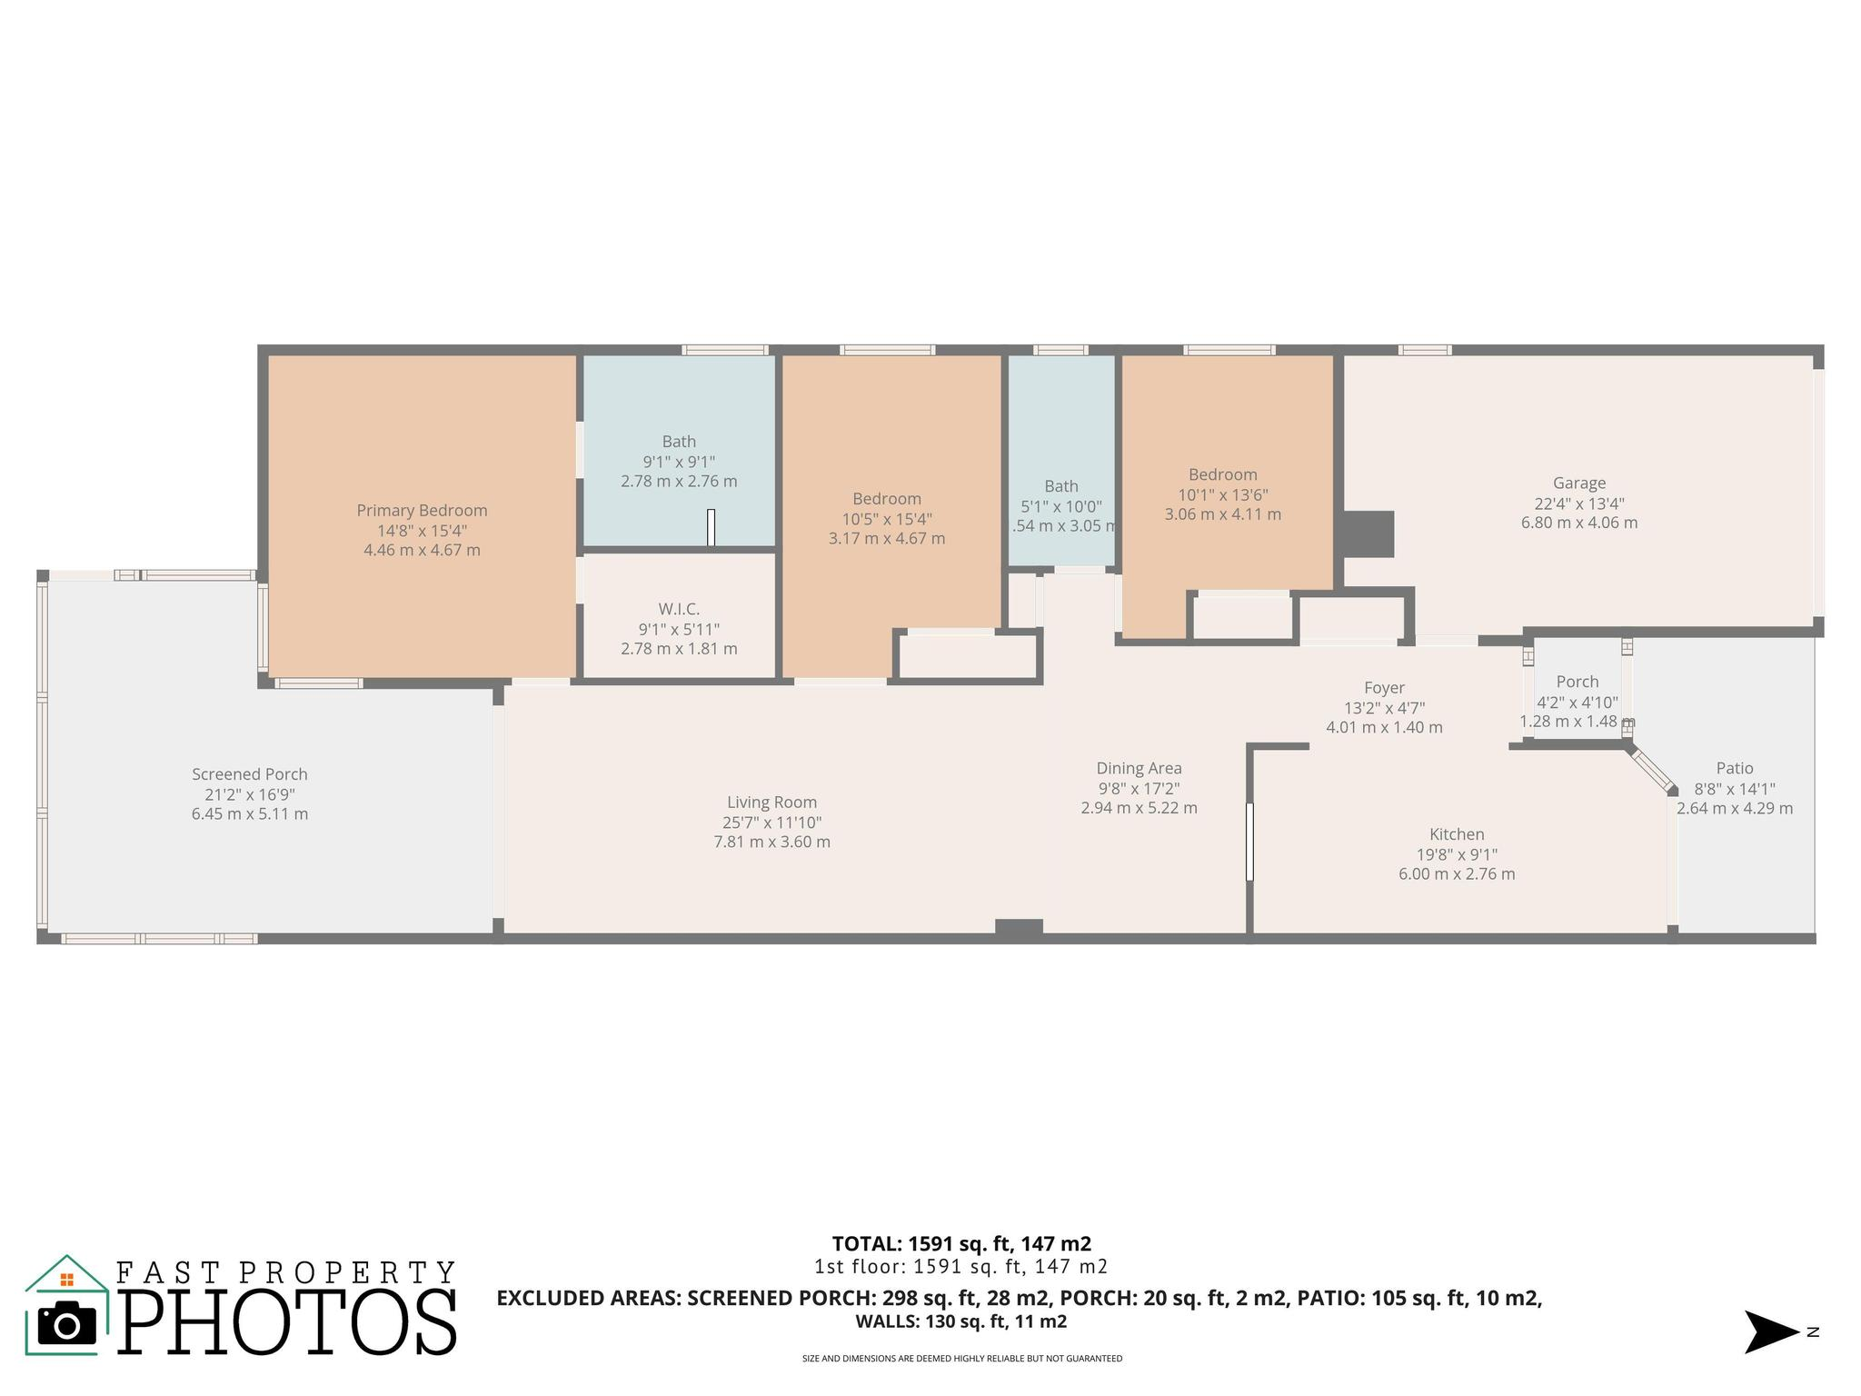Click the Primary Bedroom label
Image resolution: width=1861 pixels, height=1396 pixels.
(422, 511)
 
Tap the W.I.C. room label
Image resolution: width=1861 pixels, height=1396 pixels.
(679, 609)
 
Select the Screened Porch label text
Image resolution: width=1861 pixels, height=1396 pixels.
(250, 774)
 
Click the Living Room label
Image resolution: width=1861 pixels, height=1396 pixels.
(771, 803)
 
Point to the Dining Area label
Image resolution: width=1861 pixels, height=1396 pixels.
(1139, 769)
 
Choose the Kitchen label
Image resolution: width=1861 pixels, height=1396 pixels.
(1457, 834)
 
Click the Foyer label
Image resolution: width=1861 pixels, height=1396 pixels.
(1384, 688)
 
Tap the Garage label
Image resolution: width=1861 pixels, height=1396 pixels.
(1579, 484)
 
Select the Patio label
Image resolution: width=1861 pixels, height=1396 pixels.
(1735, 768)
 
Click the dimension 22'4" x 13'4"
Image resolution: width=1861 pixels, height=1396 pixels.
(1579, 504)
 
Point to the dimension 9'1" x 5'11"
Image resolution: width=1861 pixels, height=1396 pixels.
(679, 629)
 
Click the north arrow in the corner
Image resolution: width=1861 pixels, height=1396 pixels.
(1771, 1331)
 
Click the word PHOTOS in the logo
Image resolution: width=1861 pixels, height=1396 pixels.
(287, 1322)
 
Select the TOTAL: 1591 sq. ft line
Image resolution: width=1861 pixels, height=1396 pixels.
(961, 1243)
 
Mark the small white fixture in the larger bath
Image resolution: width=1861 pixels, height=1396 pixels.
(711, 527)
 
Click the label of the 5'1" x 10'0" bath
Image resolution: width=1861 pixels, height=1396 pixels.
(1060, 486)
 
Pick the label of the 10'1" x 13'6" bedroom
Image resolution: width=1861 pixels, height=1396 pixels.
(1223, 474)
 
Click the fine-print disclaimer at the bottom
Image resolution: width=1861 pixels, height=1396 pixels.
(961, 1359)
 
